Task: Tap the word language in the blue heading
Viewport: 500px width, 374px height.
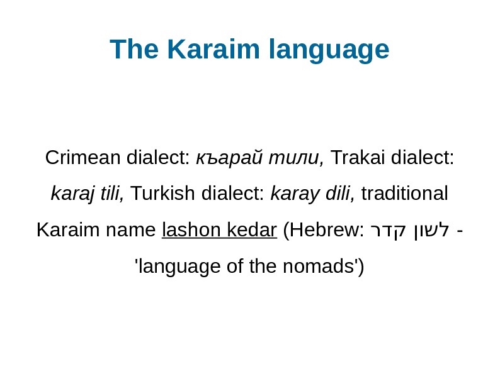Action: (329, 50)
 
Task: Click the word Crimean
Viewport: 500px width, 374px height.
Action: (84, 157)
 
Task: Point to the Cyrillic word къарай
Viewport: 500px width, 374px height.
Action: (230, 158)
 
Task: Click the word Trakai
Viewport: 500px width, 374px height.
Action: (358, 157)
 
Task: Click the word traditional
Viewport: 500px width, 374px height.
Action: (406, 194)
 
